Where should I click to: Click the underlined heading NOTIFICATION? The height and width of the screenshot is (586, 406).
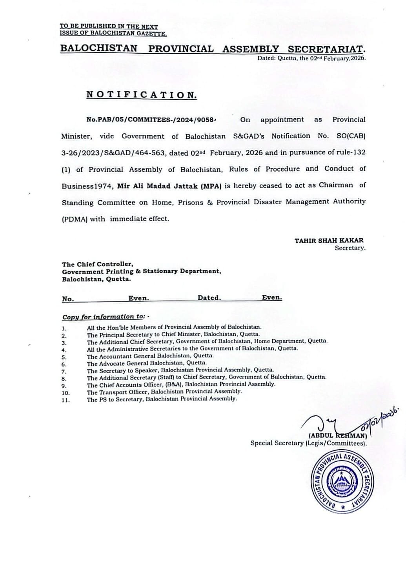(142, 95)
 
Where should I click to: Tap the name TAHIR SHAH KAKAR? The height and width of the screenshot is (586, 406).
(329, 240)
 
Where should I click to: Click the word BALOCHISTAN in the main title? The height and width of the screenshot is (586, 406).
(98, 49)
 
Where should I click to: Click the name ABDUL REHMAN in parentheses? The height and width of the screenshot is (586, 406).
(337, 435)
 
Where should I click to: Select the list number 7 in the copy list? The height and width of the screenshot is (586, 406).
(64, 371)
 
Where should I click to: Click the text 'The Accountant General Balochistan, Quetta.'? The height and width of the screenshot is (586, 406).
(150, 356)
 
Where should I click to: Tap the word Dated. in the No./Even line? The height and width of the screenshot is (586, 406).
(209, 298)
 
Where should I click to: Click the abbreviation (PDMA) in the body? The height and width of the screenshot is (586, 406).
(74, 219)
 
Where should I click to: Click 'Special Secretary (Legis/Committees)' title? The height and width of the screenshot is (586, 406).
(309, 443)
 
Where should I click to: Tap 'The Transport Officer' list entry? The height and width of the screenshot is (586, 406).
(164, 392)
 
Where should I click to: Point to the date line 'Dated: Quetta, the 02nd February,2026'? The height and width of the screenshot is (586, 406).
(311, 58)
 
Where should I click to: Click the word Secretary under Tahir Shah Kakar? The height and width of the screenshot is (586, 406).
(350, 248)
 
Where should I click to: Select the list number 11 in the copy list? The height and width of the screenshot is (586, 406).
(66, 400)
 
